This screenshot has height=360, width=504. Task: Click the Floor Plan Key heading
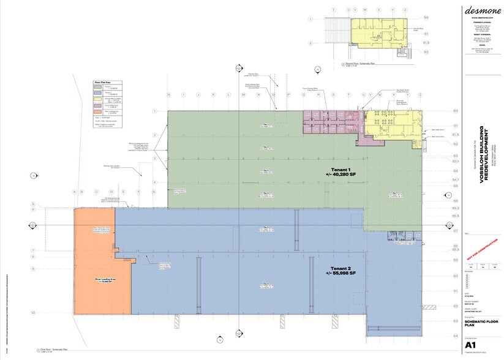point(102,82)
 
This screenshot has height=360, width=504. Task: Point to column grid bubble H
point(168,95)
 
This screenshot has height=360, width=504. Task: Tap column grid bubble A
point(75,192)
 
